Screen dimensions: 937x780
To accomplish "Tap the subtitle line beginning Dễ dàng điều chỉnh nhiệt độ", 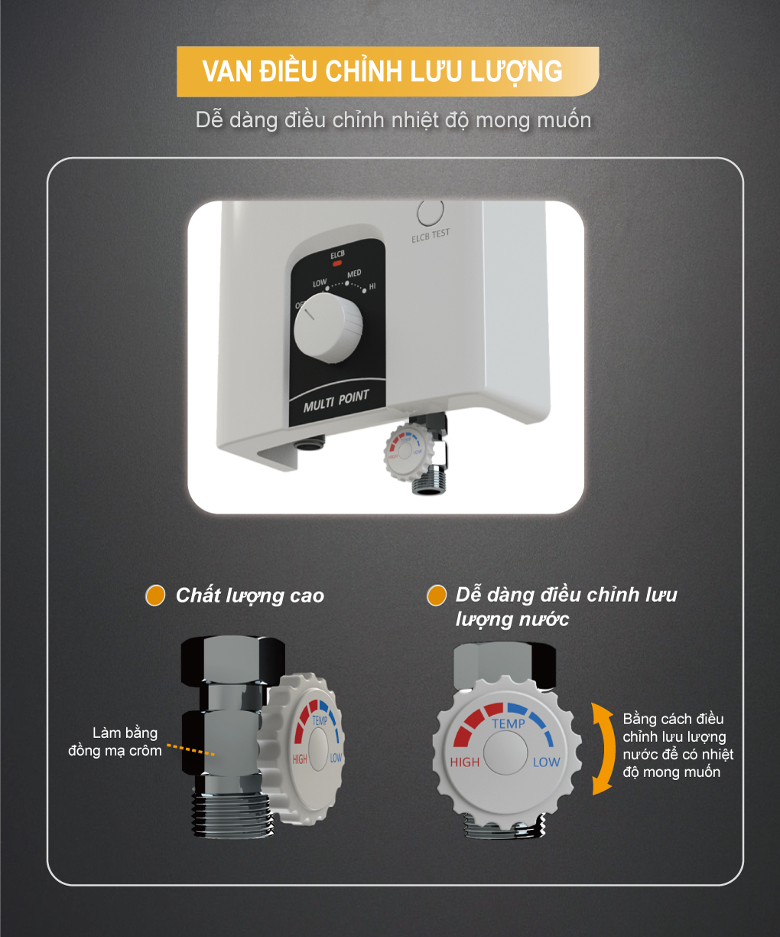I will [x=393, y=120].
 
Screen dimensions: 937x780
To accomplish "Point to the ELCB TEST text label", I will [x=431, y=236].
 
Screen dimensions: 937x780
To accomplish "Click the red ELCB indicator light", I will [x=337, y=263].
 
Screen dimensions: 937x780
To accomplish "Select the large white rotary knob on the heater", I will [x=328, y=328].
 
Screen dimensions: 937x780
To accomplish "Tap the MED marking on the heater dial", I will [x=354, y=274].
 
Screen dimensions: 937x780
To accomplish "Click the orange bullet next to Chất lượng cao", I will [x=155, y=596].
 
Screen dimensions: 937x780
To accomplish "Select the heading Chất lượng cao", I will [x=249, y=596].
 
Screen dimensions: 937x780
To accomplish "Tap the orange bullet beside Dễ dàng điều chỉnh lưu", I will [x=437, y=596].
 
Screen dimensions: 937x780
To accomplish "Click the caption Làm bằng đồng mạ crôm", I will [x=116, y=742].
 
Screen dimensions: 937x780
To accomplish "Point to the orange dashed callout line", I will [x=190, y=749].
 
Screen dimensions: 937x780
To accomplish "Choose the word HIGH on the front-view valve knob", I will [x=465, y=762].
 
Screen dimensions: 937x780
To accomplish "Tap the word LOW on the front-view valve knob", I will [x=546, y=762].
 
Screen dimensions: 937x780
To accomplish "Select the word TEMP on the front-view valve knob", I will [x=509, y=723].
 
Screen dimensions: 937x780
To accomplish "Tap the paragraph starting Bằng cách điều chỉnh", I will [x=677, y=746].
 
